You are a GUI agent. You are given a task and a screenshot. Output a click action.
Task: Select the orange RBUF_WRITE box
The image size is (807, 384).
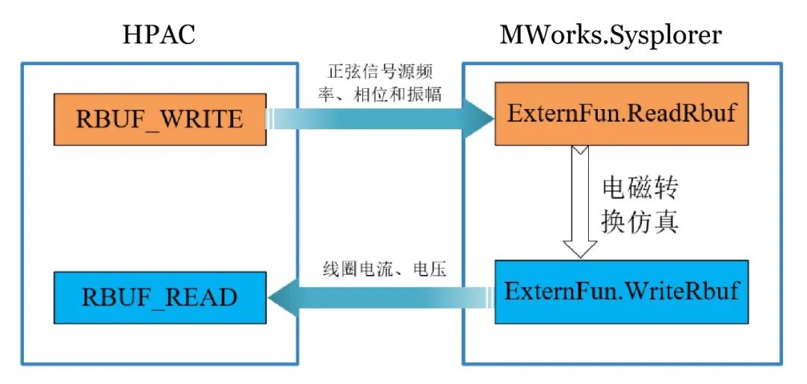tap(159, 119)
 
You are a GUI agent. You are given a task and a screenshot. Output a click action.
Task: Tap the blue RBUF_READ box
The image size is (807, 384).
tap(159, 298)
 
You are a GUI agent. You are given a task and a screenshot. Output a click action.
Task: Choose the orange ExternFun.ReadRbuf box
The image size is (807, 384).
tap(621, 115)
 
